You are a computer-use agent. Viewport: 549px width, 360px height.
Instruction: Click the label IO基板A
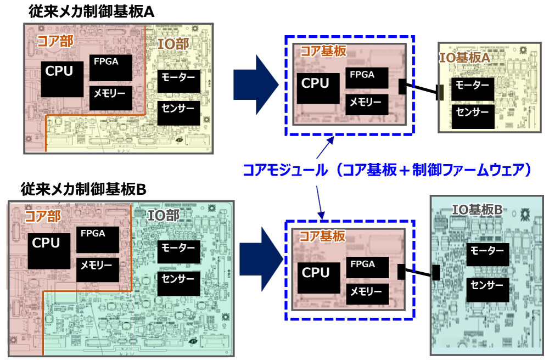click(x=464, y=57)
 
